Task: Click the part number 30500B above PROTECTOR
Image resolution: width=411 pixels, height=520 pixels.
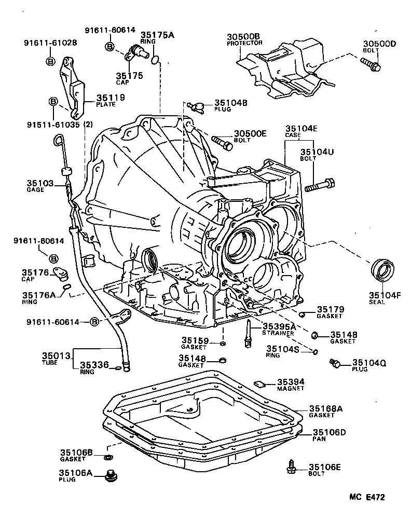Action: coord(243,36)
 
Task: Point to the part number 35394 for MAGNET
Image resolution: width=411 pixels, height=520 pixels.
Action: coord(290,381)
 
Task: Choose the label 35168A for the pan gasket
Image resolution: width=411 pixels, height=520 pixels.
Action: coord(326,408)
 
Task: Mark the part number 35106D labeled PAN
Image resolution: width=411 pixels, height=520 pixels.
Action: coord(327,432)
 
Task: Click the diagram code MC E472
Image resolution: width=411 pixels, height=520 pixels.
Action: coord(367,497)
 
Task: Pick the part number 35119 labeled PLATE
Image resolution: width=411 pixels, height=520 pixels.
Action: coord(110,97)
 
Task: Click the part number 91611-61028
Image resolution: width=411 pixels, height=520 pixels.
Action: coord(50,43)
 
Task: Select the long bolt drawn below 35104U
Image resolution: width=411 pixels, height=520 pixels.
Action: coord(321,185)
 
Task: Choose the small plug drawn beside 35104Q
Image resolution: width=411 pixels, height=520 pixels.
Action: coord(336,364)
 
